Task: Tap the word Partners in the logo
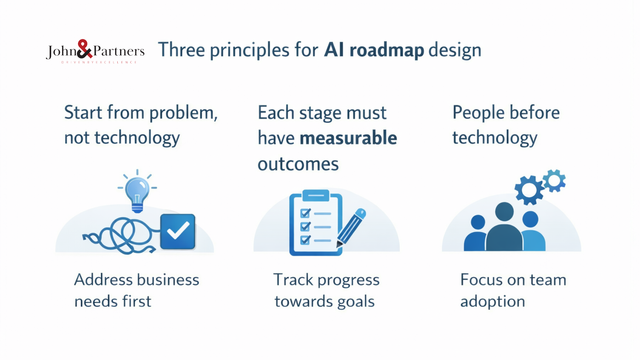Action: coord(119,51)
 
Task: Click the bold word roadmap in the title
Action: coord(387,50)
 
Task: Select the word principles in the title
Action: coord(249,51)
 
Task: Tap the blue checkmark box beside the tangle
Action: coord(178,232)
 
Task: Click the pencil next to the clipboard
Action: coord(352,228)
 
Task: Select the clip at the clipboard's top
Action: coord(316,195)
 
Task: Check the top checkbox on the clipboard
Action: coord(305,213)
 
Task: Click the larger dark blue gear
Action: coord(529,190)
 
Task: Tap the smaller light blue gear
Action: coord(554,181)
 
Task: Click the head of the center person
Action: coord(504,212)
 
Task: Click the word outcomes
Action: coord(298,164)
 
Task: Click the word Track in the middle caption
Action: coord(293,280)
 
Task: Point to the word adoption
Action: coord(492,302)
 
